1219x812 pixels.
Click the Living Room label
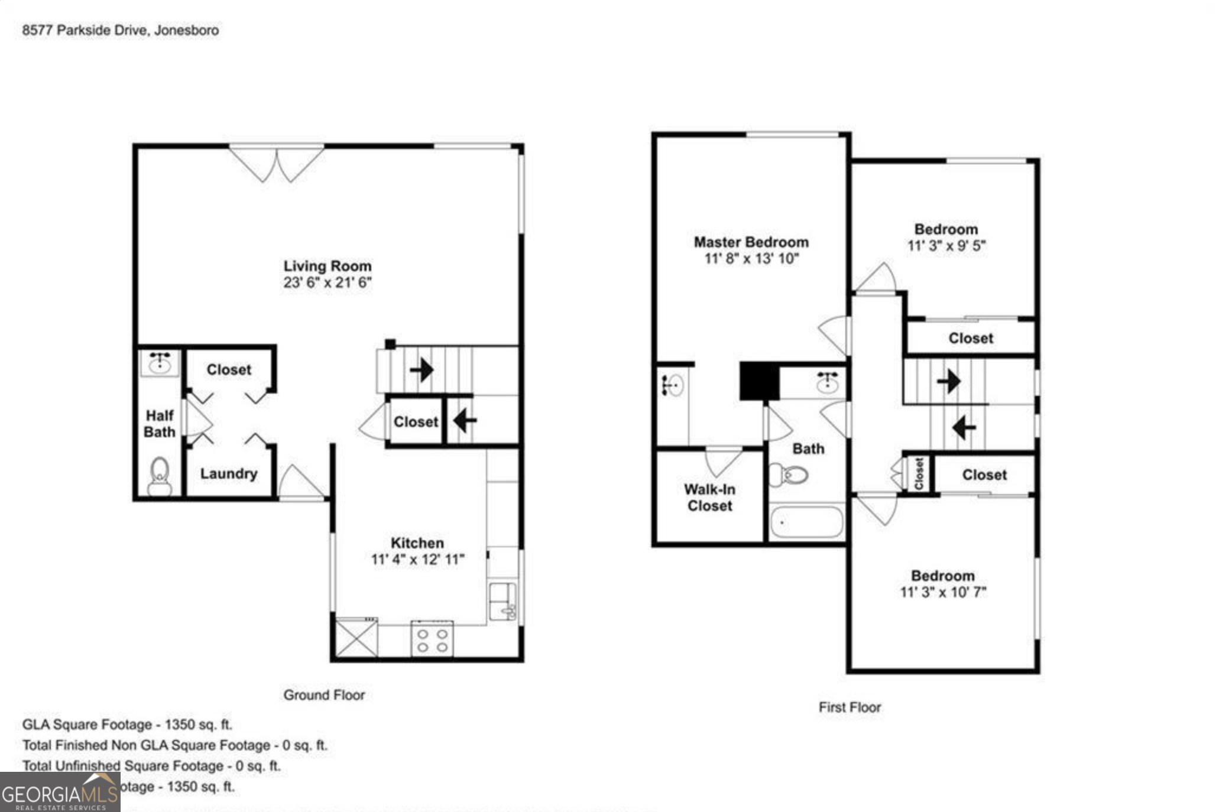pyautogui.click(x=327, y=267)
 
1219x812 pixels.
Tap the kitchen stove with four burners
pyautogui.click(x=432, y=639)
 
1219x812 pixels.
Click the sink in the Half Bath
pyautogui.click(x=160, y=362)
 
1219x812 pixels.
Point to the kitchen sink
pyautogui.click(x=502, y=601)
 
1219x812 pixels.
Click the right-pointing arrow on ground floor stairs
pyautogui.click(x=422, y=371)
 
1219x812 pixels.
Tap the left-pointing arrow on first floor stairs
pyautogui.click(x=964, y=427)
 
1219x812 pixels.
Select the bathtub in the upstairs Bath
pyautogui.click(x=806, y=522)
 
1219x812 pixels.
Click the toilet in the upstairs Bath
pyautogui.click(x=789, y=474)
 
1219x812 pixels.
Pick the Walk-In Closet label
pyautogui.click(x=709, y=498)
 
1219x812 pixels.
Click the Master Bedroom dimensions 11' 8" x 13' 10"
pyautogui.click(x=751, y=259)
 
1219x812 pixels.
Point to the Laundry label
pyautogui.click(x=229, y=473)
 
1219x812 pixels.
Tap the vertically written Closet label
pyautogui.click(x=919, y=473)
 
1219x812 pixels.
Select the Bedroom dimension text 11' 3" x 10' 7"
pyautogui.click(x=943, y=592)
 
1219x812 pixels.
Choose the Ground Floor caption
pyautogui.click(x=324, y=695)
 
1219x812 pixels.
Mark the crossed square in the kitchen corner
pyautogui.click(x=356, y=638)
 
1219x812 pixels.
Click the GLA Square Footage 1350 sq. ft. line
pyautogui.click(x=127, y=725)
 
